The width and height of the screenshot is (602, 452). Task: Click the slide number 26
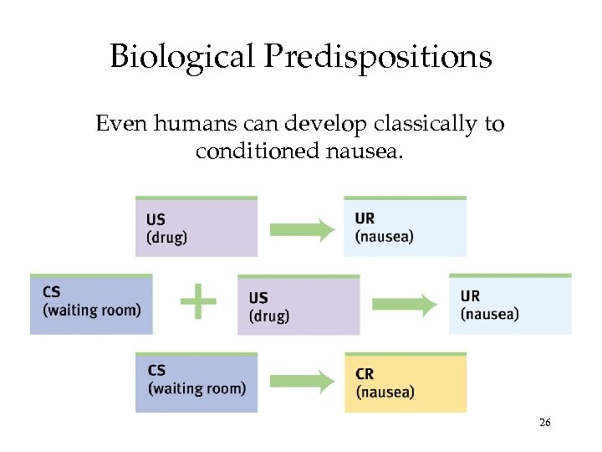pyautogui.click(x=544, y=423)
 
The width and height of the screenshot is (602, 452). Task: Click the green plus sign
pyautogui.click(x=198, y=301)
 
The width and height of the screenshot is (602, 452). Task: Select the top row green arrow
pyautogui.click(x=302, y=229)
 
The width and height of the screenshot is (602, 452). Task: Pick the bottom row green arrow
pyautogui.click(x=302, y=383)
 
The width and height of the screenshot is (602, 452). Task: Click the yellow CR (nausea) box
pyautogui.click(x=406, y=383)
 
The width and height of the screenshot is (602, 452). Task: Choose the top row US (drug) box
pyautogui.click(x=196, y=227)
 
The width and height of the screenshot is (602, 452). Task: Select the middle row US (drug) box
pyautogui.click(x=298, y=305)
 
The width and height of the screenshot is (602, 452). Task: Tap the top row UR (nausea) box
pyautogui.click(x=406, y=227)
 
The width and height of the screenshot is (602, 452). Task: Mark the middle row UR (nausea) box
pyautogui.click(x=510, y=304)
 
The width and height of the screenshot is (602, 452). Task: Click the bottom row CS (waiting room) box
pyautogui.click(x=196, y=383)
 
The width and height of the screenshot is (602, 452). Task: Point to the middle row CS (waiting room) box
pyautogui.click(x=91, y=304)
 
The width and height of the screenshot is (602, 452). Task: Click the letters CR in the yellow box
pyautogui.click(x=365, y=374)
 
